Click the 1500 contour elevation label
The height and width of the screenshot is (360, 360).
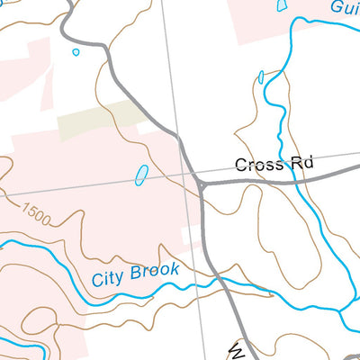click(x=37, y=215)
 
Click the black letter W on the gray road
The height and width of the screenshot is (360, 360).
click(x=236, y=349)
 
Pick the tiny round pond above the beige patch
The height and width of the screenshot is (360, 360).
click(x=76, y=52)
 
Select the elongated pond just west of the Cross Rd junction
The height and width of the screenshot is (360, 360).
click(x=141, y=175)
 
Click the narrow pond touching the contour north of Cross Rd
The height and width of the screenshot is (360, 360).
click(x=261, y=77)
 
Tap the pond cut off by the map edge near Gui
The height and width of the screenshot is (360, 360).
click(x=282, y=5)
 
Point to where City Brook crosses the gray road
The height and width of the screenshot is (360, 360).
click(x=220, y=281)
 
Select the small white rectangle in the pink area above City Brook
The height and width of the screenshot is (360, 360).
click(x=190, y=236)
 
